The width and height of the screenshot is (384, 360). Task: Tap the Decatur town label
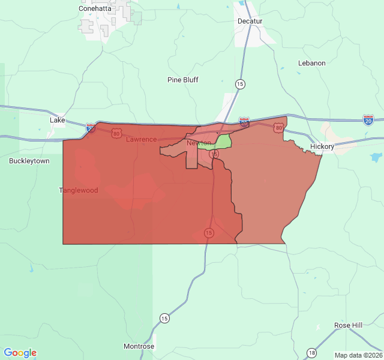tap(250, 21)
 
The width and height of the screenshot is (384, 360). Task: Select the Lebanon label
tap(311, 63)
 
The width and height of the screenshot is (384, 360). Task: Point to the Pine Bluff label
tap(182, 80)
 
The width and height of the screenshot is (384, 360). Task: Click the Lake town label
tap(58, 120)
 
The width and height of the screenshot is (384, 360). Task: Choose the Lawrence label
tap(141, 139)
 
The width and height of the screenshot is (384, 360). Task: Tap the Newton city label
tap(199, 143)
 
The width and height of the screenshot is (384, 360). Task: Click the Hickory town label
tap(322, 146)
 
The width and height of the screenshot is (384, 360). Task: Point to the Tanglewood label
tap(78, 190)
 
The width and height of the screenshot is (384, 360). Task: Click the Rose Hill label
tap(348, 325)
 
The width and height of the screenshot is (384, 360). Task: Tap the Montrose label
tap(139, 346)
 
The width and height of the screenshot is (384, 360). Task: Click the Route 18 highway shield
tap(311, 353)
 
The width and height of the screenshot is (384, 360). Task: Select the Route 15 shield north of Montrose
tap(164, 317)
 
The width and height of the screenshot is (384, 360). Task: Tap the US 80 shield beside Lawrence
tap(116, 133)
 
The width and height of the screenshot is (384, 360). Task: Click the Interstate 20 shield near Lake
tap(90, 128)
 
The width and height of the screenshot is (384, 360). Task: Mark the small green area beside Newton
tap(223, 142)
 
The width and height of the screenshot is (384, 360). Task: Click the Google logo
tap(20, 353)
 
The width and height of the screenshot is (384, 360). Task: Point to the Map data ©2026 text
tap(357, 355)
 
